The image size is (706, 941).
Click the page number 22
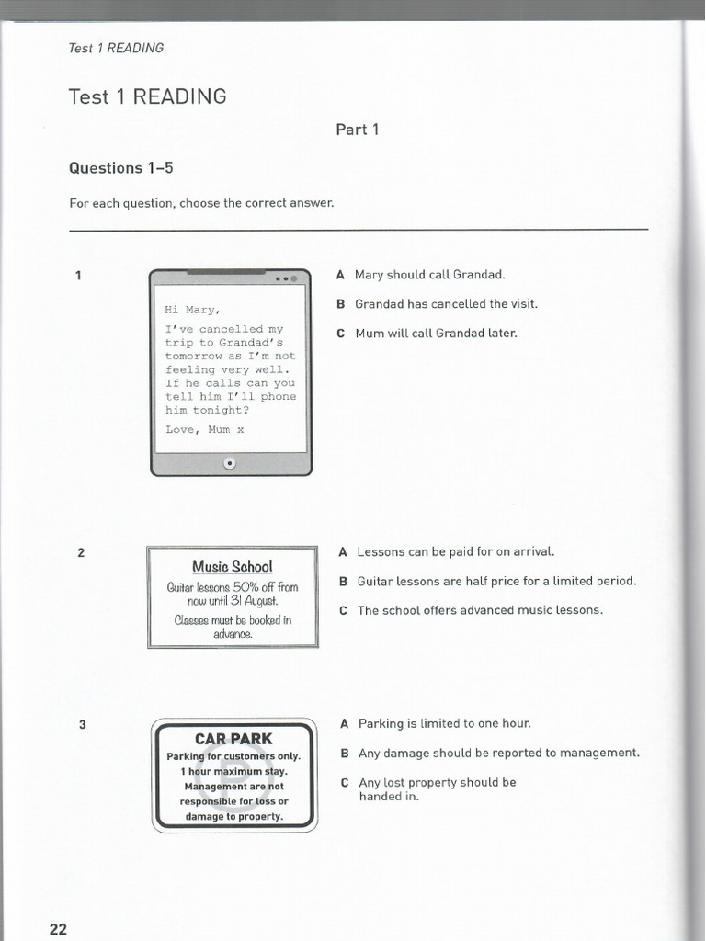pyautogui.click(x=58, y=929)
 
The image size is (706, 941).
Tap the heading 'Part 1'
pyautogui.click(x=358, y=130)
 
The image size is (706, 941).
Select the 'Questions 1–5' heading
pyautogui.click(x=120, y=168)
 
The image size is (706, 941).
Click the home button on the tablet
pyautogui.click(x=230, y=464)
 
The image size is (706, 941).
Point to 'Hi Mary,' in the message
pyautogui.click(x=192, y=310)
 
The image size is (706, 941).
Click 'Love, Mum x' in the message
pyautogui.click(x=205, y=429)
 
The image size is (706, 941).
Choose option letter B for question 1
pyautogui.click(x=340, y=303)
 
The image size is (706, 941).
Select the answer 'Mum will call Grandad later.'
pyautogui.click(x=436, y=333)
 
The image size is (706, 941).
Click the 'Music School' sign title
pyautogui.click(x=233, y=566)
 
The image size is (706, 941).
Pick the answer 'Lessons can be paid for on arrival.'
pyautogui.click(x=456, y=551)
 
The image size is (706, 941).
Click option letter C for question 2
pyautogui.click(x=343, y=610)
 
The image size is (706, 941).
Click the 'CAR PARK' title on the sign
pyautogui.click(x=233, y=739)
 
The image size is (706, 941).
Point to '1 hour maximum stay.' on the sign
pyautogui.click(x=233, y=771)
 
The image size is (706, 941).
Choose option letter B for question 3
pyautogui.click(x=344, y=754)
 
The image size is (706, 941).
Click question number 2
pyautogui.click(x=81, y=552)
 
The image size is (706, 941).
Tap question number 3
pyautogui.click(x=82, y=724)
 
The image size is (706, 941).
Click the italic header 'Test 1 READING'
pyautogui.click(x=116, y=48)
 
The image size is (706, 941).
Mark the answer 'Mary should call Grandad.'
pyautogui.click(x=430, y=274)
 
